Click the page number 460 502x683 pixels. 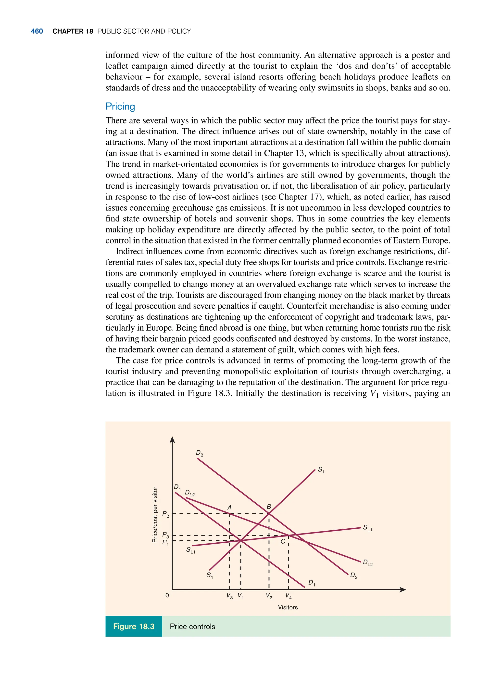[x=37, y=31]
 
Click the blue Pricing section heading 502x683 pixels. [x=120, y=107]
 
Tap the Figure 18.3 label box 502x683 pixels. [x=134, y=626]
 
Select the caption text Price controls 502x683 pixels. [x=192, y=626]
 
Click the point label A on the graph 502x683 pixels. [x=229, y=507]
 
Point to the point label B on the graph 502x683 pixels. [x=269, y=507]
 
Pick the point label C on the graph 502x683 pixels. [x=283, y=541]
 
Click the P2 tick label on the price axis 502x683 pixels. [x=165, y=514]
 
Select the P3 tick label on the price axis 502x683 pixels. [x=165, y=535]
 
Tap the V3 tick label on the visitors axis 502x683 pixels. [x=229, y=596]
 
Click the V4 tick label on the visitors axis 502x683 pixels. [x=288, y=596]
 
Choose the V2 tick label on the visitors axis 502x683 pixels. [x=269, y=596]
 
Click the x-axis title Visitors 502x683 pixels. [x=288, y=607]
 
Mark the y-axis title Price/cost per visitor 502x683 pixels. [x=155, y=514]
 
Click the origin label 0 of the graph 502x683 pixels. [x=167, y=595]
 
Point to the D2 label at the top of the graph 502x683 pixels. [x=199, y=453]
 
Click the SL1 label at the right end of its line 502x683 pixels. [x=367, y=528]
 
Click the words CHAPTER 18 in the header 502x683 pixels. [x=73, y=31]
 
